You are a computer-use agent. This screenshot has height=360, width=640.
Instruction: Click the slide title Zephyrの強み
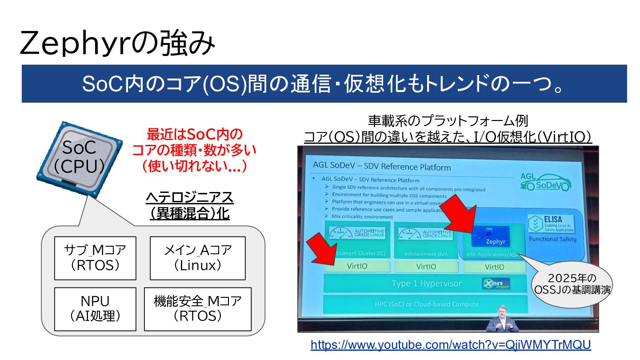coord(117,43)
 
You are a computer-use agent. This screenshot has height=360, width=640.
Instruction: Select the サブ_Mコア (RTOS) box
coord(95,258)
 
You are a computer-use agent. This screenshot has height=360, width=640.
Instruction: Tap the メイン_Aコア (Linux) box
coord(197,258)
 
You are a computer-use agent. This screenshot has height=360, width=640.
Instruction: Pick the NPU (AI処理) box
coord(95,309)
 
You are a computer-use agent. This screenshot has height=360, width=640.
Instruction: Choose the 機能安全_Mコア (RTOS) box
coord(197,309)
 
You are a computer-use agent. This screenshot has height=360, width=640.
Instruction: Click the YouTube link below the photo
coord(451,345)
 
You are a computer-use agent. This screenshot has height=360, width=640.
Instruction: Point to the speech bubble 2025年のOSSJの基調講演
coord(571,284)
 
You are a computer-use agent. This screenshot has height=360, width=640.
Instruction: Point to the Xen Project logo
coord(495,284)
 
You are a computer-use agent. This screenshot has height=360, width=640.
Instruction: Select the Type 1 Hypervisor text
coord(427,284)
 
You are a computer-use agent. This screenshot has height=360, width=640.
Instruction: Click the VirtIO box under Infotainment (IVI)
coord(426,267)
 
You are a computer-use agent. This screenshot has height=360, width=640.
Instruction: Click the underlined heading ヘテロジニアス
coord(189,197)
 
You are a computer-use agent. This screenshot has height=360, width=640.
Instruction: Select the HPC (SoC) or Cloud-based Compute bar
coord(425,304)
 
